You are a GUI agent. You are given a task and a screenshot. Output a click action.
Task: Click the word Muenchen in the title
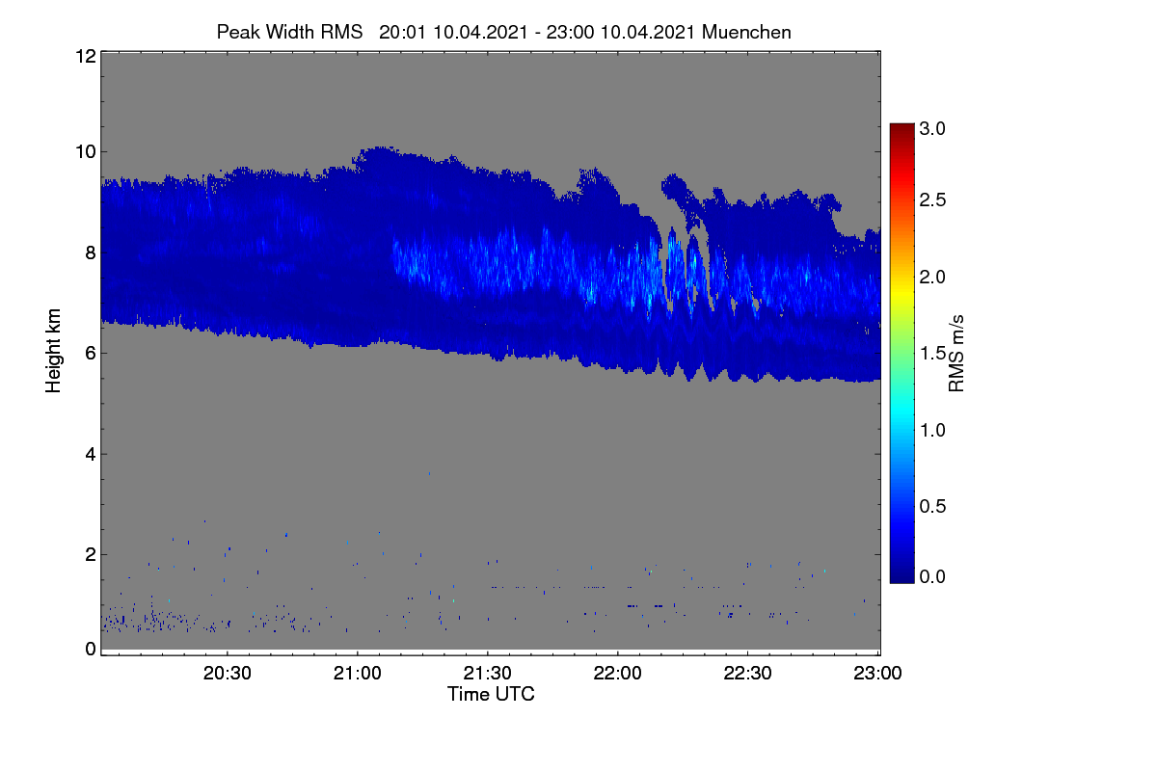746,33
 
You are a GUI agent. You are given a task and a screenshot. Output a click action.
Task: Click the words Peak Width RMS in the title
290,33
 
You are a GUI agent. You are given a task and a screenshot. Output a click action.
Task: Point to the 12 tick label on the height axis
86,56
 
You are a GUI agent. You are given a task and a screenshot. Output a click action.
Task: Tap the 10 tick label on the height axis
86,152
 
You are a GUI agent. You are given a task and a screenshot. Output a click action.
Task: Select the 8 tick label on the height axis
91,253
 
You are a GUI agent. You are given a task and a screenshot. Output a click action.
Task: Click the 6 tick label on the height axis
91,354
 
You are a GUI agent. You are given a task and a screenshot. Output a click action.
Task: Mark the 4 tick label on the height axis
91,455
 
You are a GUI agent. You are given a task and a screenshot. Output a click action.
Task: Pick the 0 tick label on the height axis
91,650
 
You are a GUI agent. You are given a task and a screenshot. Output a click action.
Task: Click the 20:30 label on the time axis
228,673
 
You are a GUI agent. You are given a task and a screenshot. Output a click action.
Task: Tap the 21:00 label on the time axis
358,673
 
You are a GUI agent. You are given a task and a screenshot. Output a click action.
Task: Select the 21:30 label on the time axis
488,673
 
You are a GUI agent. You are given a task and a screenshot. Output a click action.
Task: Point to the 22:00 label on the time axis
618,673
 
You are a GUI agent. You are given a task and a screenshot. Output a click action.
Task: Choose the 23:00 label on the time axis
877,673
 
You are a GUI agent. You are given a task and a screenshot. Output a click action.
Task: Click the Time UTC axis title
491,694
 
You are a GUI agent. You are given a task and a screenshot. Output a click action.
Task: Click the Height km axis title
53,351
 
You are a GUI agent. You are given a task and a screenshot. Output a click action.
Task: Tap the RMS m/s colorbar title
956,354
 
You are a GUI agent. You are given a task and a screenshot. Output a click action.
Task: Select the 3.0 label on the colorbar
932,128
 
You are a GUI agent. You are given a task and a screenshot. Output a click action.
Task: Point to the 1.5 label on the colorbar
932,354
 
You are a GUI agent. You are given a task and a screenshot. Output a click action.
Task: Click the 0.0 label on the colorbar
932,577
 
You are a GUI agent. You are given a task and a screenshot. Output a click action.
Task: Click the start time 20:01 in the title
402,33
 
